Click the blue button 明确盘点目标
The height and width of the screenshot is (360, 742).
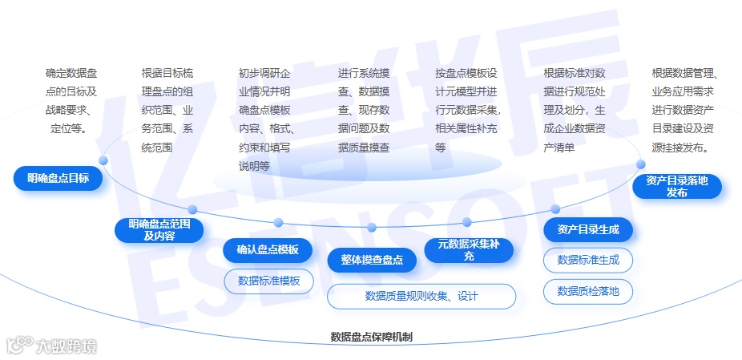[x=58, y=178]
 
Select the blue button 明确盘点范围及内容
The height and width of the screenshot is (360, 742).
[x=159, y=229]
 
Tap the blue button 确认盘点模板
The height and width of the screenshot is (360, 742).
[x=268, y=250]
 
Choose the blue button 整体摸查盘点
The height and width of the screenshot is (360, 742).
[x=372, y=260]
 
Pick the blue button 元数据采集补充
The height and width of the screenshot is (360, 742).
[x=469, y=250]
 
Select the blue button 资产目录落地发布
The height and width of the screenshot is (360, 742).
[x=676, y=186]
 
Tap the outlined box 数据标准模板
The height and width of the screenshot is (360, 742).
[x=269, y=281]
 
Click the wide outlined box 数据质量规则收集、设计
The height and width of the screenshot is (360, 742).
[x=421, y=296]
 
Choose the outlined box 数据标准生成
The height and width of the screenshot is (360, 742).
[x=588, y=260]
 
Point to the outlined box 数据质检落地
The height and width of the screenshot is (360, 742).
[x=588, y=291]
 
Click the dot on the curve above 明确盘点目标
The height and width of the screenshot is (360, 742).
[x=103, y=160]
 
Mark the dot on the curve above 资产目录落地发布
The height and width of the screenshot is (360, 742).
[x=641, y=164]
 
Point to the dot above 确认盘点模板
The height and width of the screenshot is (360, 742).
[x=278, y=222]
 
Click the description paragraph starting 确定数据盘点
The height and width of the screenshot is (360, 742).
[x=71, y=100]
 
